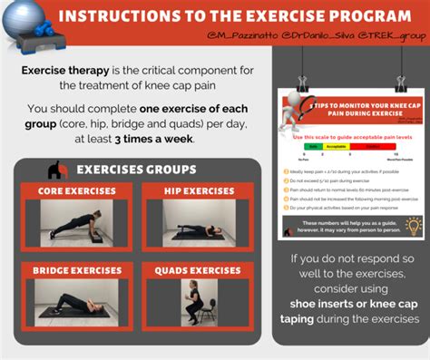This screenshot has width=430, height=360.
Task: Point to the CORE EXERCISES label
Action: (x=77, y=190)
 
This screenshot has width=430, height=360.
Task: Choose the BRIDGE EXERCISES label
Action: (x=77, y=270)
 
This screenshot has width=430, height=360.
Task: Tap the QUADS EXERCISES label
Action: (x=198, y=270)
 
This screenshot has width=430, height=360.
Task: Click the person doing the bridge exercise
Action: (x=77, y=304)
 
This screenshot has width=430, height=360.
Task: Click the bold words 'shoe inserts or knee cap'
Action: (x=354, y=304)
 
